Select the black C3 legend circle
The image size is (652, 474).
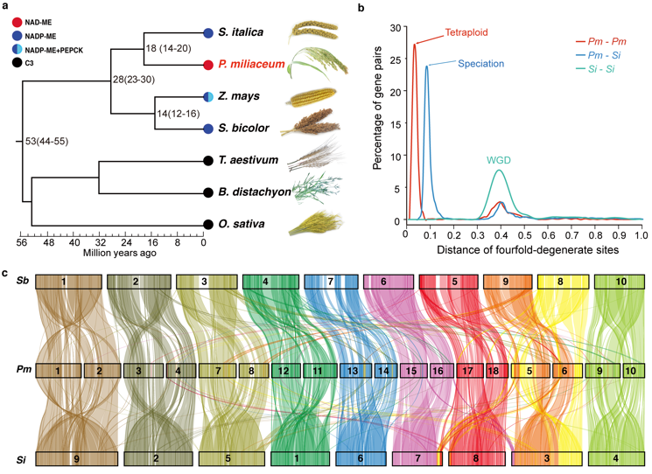click(x=18, y=64)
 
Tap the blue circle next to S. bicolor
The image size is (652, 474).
click(x=208, y=129)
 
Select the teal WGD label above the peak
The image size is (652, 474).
click(x=499, y=161)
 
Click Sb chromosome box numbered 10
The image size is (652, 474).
click(x=620, y=282)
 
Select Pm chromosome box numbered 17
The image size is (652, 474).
click(x=467, y=371)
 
